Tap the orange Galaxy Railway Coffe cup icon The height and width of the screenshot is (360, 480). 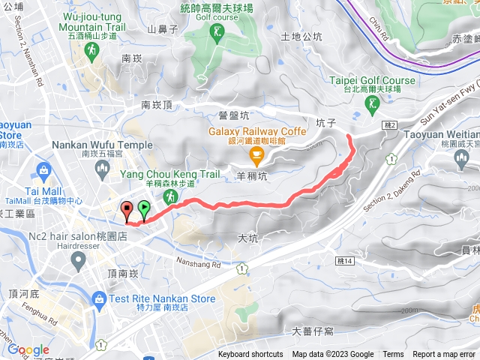[257, 157]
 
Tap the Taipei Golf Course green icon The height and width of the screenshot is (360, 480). [373, 107]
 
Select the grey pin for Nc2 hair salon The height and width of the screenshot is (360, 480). [77, 260]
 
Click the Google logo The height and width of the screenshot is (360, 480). [28, 349]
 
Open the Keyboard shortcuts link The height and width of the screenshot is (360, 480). [250, 355]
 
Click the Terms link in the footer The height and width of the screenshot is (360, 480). [393, 355]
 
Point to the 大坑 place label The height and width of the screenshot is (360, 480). [247, 238]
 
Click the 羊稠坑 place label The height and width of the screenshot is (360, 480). [250, 177]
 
